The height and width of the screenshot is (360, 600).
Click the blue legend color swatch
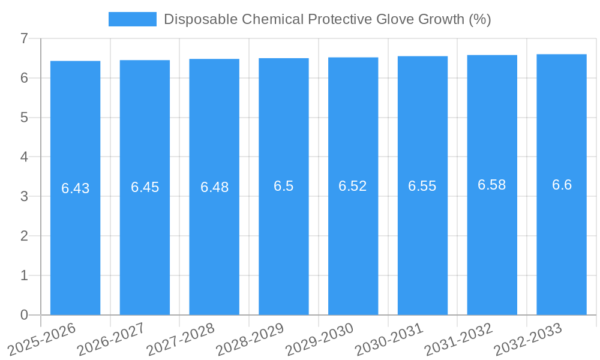click(x=132, y=19)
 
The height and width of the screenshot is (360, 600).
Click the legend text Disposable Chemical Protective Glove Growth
click(x=327, y=19)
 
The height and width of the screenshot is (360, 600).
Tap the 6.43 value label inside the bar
click(x=75, y=188)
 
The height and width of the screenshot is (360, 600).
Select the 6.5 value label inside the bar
click(x=283, y=186)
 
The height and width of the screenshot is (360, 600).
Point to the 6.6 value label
click(x=562, y=185)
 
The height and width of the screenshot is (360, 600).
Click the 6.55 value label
click(x=422, y=186)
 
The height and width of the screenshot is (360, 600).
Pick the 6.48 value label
click(x=214, y=187)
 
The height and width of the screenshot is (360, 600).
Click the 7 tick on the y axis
click(x=24, y=38)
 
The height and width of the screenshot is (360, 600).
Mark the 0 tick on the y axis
click(x=24, y=315)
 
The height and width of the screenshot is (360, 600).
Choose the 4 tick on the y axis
click(x=24, y=157)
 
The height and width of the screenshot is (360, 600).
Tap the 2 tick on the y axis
click(x=24, y=236)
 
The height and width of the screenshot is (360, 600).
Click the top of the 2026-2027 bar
click(x=145, y=61)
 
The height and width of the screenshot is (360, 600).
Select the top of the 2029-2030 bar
click(x=353, y=58)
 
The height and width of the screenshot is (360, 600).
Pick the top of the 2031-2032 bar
click(x=492, y=55)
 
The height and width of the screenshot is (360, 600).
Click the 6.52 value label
click(x=353, y=186)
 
